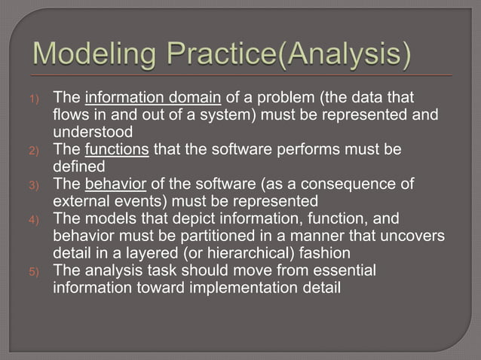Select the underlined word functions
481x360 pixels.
tap(118, 149)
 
